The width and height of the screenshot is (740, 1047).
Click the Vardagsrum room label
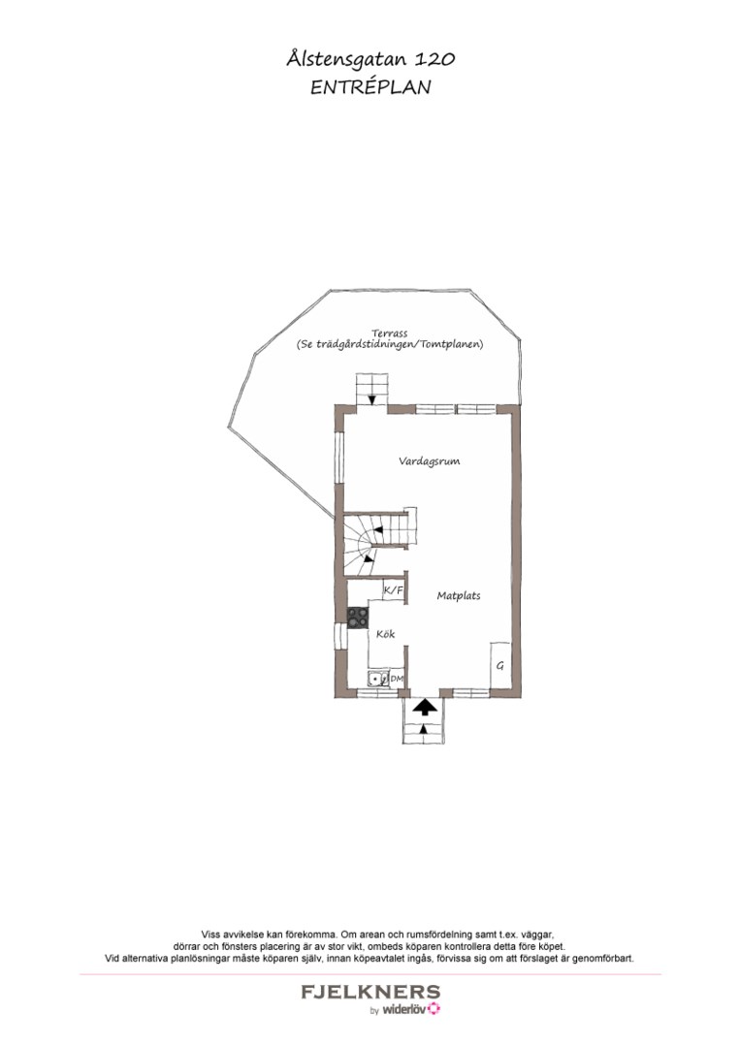pos(430,461)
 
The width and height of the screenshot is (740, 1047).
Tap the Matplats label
pos(458,595)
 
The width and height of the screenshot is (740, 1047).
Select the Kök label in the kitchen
pos(385,634)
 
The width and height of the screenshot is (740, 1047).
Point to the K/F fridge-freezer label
pos(394,590)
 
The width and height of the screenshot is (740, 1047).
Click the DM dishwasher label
pos(397,679)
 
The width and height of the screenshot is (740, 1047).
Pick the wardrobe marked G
pos(500,666)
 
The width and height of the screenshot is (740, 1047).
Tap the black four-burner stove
pos(357,618)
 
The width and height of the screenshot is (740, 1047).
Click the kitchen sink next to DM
pos(378,679)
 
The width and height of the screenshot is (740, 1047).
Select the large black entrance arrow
pos(424,708)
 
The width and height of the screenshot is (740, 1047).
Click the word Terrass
pos(389,333)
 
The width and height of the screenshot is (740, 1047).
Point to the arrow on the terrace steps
pos(370,398)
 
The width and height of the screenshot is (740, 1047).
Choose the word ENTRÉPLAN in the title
pos(370,87)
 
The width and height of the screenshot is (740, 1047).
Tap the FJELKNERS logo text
pos(370,992)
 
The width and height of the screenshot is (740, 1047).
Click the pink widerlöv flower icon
pos(434,1009)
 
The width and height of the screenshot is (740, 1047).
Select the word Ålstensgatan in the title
pos(346,59)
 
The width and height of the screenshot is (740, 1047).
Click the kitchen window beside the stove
pos(340,635)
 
